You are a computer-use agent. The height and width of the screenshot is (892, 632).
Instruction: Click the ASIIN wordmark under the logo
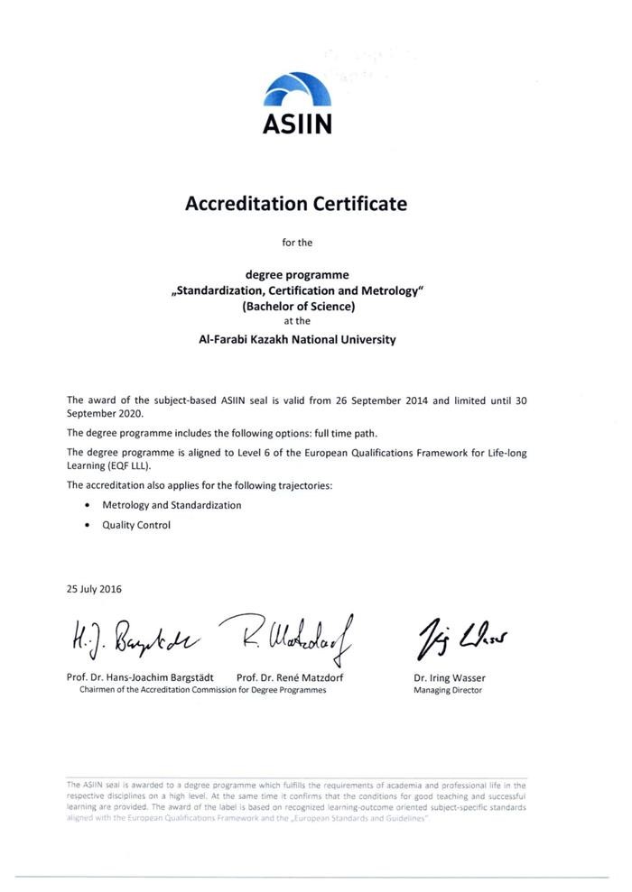click(297, 124)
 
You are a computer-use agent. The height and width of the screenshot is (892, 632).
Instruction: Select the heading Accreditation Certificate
click(296, 204)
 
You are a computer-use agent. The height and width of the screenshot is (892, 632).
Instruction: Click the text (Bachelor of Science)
click(297, 305)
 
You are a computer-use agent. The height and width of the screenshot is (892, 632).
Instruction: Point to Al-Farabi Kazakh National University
click(296, 340)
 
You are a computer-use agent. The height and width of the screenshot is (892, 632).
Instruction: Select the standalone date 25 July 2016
click(95, 589)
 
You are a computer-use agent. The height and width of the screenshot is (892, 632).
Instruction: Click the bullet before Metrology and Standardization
click(87, 506)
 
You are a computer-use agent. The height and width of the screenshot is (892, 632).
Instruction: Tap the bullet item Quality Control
click(136, 525)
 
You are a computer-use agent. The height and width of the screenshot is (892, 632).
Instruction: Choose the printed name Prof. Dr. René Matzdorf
click(290, 677)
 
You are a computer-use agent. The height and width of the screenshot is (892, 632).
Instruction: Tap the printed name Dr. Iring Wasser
click(449, 677)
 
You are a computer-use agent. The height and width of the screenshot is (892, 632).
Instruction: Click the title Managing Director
click(448, 691)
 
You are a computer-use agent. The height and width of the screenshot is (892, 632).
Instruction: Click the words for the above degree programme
click(297, 242)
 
